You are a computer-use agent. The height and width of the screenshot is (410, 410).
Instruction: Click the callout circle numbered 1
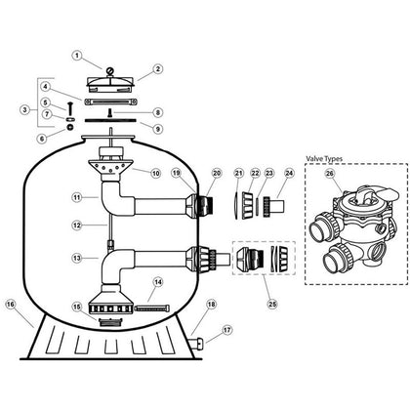pos(77,56)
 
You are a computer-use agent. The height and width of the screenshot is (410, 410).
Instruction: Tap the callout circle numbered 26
pos(330,174)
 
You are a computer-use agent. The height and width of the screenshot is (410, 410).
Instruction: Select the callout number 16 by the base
pos(11,305)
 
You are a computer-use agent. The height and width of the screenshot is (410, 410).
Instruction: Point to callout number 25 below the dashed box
pos(272,304)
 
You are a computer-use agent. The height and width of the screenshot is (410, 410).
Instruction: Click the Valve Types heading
pos(324,159)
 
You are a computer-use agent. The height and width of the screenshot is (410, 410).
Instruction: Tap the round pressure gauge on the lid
pos(110,70)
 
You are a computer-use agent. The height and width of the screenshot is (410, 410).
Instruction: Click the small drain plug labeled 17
pos(198,343)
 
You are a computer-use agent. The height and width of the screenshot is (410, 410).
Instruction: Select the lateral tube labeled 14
pos(152,307)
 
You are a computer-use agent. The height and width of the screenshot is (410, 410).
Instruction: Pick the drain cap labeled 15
pos(110,322)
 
